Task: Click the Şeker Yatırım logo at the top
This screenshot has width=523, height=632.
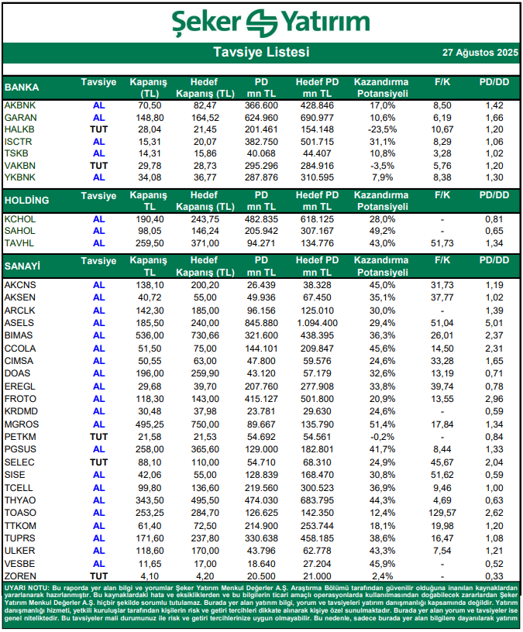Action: point(260,22)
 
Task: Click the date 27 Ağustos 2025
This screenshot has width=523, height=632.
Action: point(479,53)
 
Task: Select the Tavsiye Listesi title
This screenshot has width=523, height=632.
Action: point(261,53)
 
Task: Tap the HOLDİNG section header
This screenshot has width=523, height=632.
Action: point(27,201)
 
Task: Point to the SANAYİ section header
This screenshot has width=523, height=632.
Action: point(22,266)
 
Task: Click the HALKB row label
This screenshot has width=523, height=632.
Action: point(19,129)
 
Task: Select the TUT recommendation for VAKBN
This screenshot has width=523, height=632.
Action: point(98,166)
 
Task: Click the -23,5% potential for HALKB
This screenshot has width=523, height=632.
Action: point(380,129)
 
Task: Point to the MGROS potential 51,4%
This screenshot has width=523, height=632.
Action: point(382,424)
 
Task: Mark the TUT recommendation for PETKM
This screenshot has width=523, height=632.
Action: point(98,438)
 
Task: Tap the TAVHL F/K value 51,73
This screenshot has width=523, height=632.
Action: point(442,244)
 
